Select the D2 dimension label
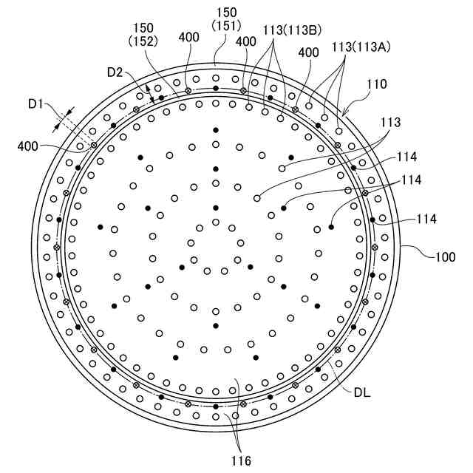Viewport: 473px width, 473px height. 115,72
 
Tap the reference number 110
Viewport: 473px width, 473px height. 375,85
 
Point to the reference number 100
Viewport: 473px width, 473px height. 444,257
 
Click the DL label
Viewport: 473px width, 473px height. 363,392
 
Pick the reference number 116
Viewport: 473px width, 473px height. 240,460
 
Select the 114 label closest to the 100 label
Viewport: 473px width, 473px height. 426,219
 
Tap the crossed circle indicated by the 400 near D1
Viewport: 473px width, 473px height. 94,145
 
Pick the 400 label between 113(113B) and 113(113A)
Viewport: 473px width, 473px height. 310,53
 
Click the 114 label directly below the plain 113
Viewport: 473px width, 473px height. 406,157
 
